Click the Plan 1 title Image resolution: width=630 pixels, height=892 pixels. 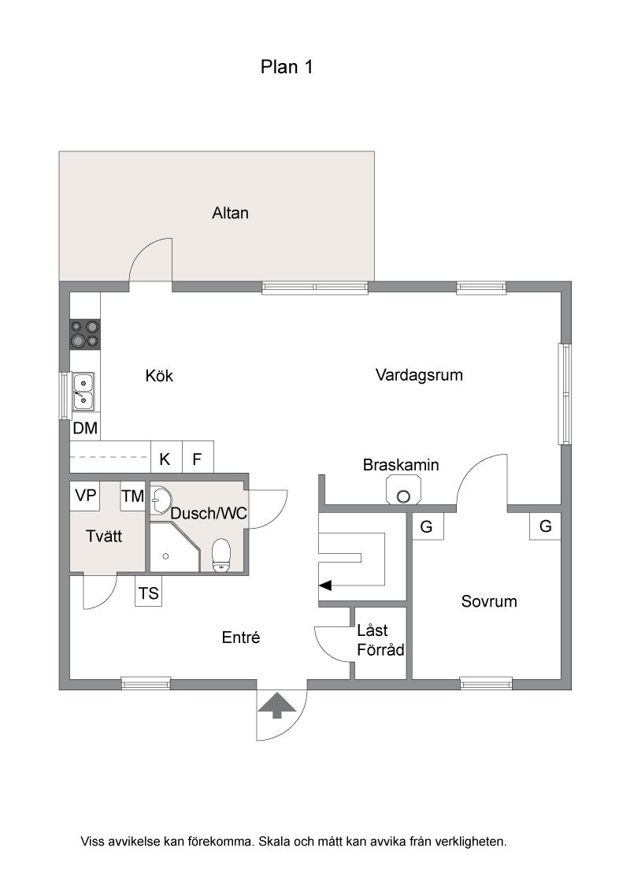(x=287, y=67)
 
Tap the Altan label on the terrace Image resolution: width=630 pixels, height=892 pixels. (x=230, y=213)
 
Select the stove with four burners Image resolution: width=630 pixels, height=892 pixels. (x=85, y=334)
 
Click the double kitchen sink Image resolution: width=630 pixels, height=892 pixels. (x=83, y=391)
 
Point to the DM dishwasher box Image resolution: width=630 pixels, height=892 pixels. (x=85, y=428)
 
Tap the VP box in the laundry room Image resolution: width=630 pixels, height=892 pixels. (x=85, y=496)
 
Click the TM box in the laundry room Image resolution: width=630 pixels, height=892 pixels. (x=132, y=496)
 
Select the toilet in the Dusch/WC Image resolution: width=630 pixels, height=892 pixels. (x=220, y=555)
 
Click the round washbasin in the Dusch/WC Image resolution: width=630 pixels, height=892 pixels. (x=161, y=500)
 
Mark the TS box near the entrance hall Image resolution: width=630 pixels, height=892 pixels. (x=148, y=593)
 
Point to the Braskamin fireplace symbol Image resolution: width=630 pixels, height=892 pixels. (x=404, y=490)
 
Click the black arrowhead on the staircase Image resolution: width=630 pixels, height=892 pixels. (x=324, y=585)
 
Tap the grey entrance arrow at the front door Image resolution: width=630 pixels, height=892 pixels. (x=277, y=705)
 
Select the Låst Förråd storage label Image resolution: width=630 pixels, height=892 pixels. (x=380, y=640)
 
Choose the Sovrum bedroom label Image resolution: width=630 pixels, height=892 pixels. (x=489, y=601)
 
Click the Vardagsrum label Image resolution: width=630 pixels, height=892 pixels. (x=419, y=375)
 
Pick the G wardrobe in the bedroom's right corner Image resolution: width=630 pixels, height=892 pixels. (x=545, y=526)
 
